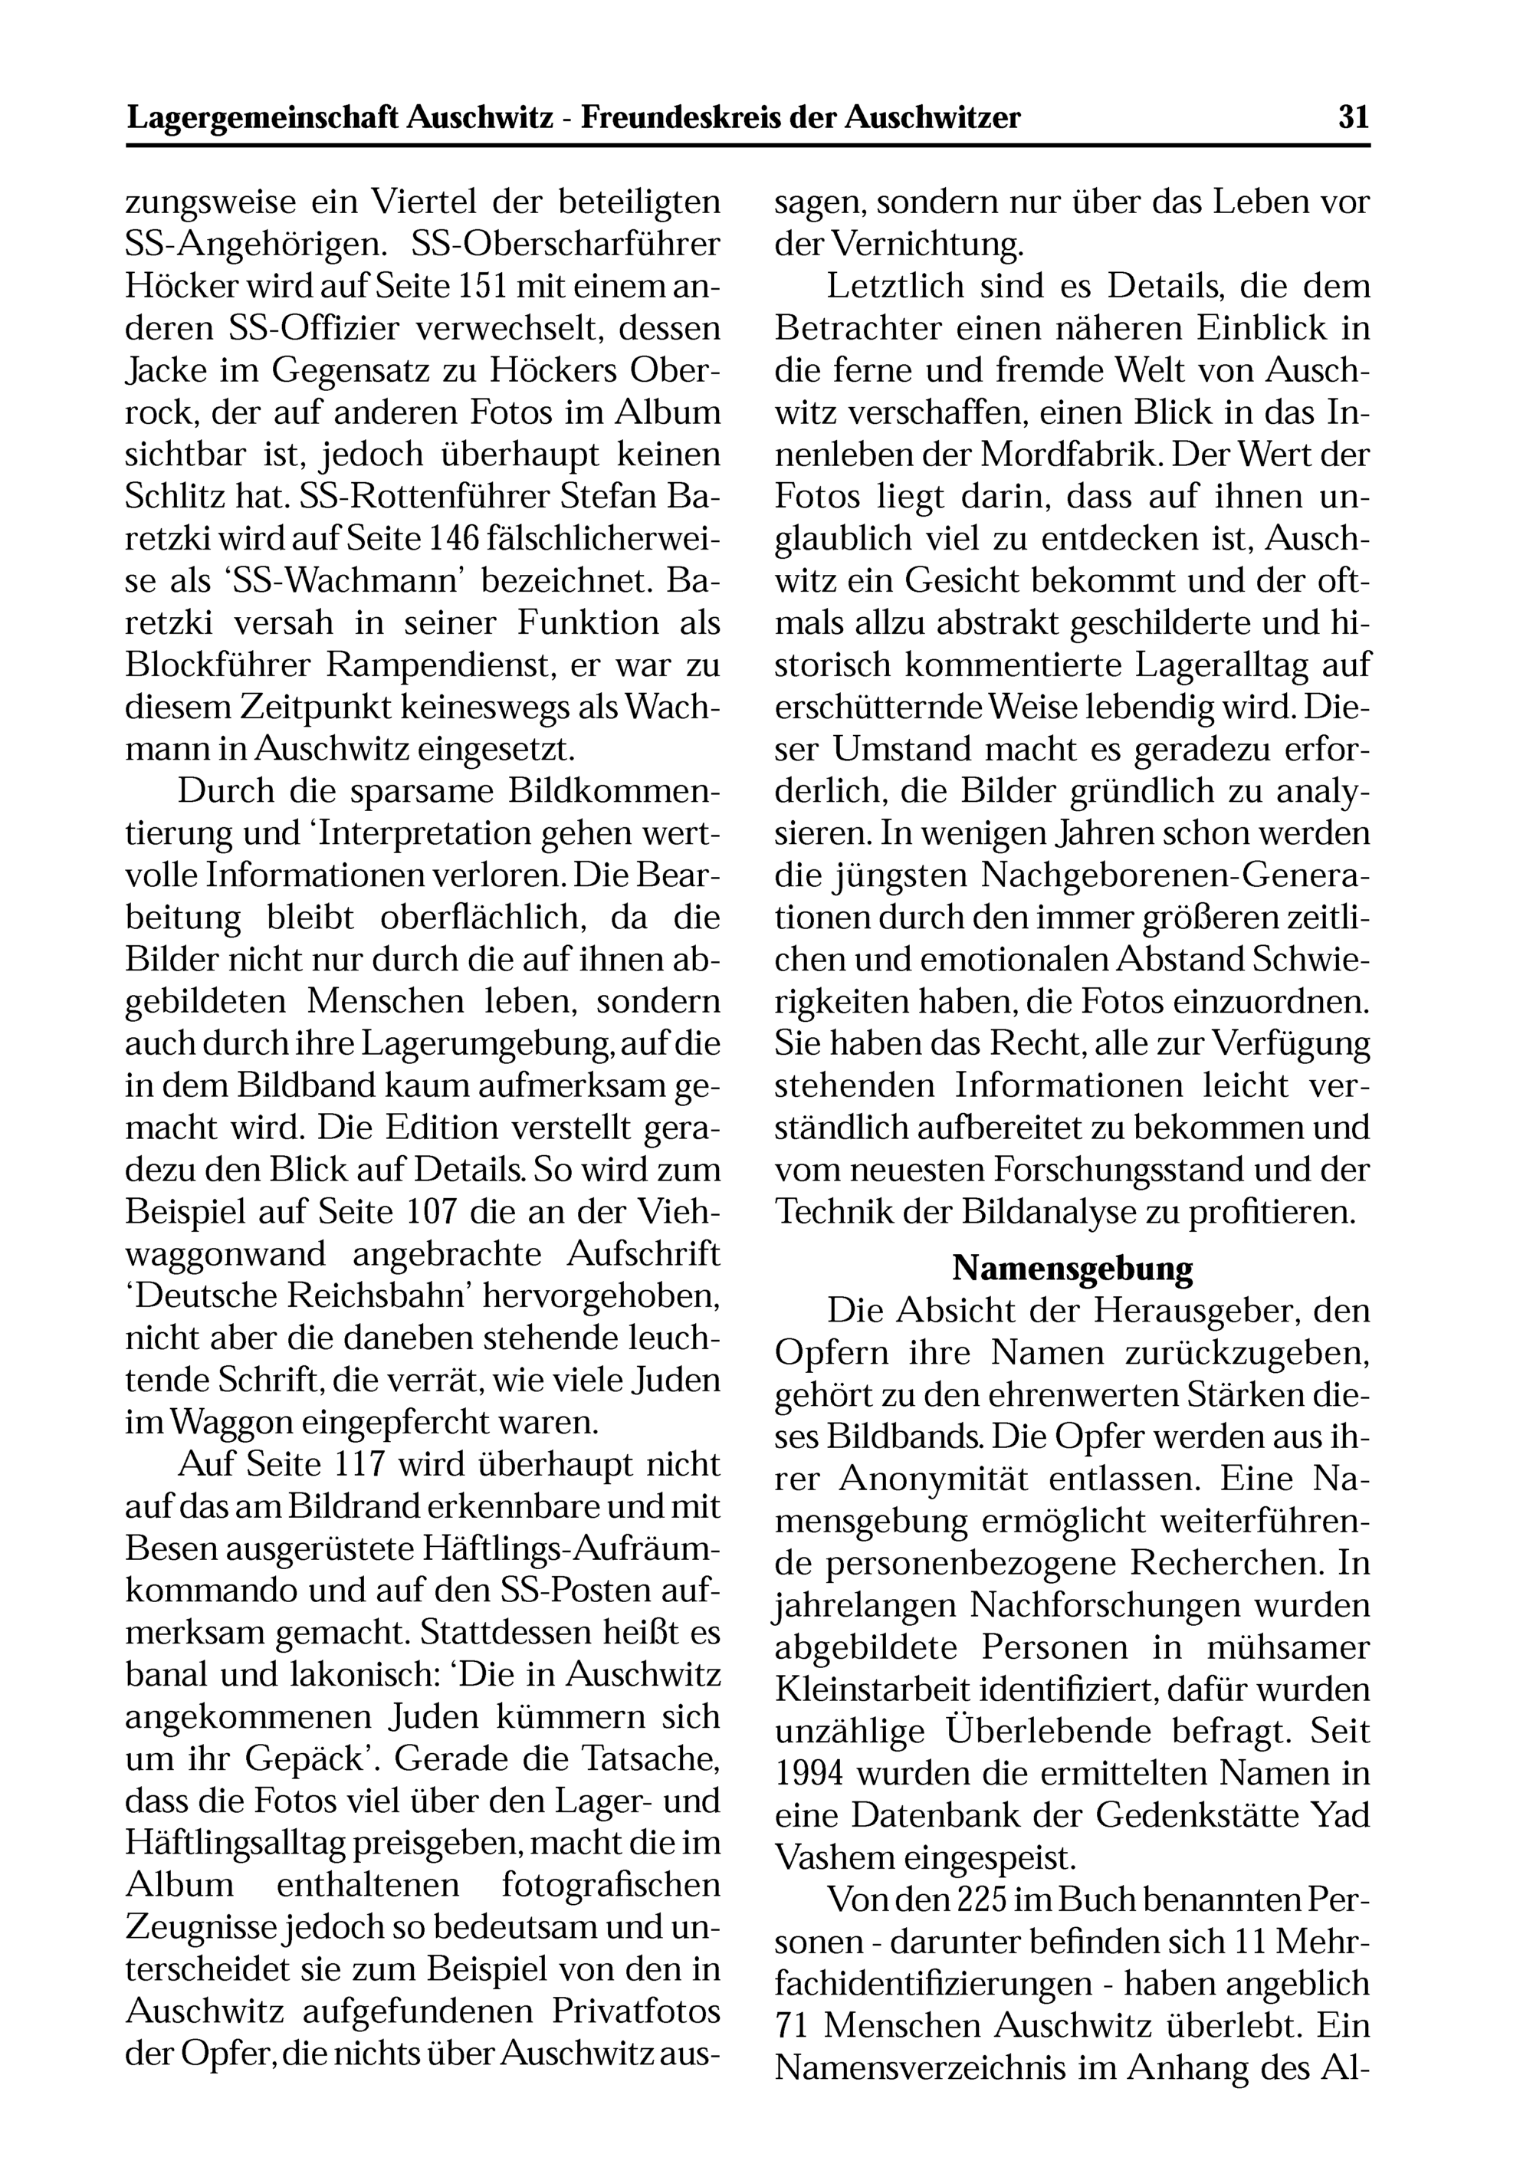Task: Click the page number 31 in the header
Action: (1354, 117)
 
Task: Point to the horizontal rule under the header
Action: (748, 146)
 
